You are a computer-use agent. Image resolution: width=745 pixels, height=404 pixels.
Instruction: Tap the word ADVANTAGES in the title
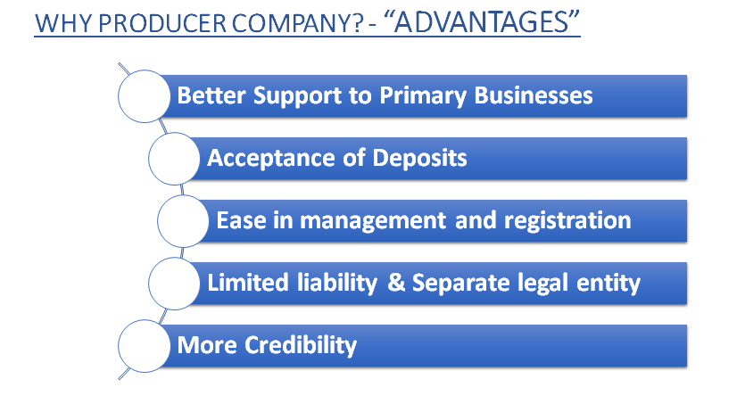[x=487, y=23]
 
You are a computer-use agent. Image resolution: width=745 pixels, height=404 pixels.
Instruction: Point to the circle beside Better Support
[x=145, y=96]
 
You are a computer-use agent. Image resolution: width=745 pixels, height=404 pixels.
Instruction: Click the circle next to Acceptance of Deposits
[x=174, y=159]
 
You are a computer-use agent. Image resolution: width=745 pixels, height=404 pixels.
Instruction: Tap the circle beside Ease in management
[x=183, y=221]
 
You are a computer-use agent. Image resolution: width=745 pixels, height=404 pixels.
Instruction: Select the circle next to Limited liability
[x=174, y=284]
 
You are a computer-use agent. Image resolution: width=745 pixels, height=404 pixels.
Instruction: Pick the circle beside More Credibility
[x=144, y=346]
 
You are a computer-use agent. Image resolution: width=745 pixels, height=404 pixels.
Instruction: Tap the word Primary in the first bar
[x=431, y=95]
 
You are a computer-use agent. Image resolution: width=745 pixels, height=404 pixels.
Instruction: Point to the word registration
[x=575, y=220]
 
